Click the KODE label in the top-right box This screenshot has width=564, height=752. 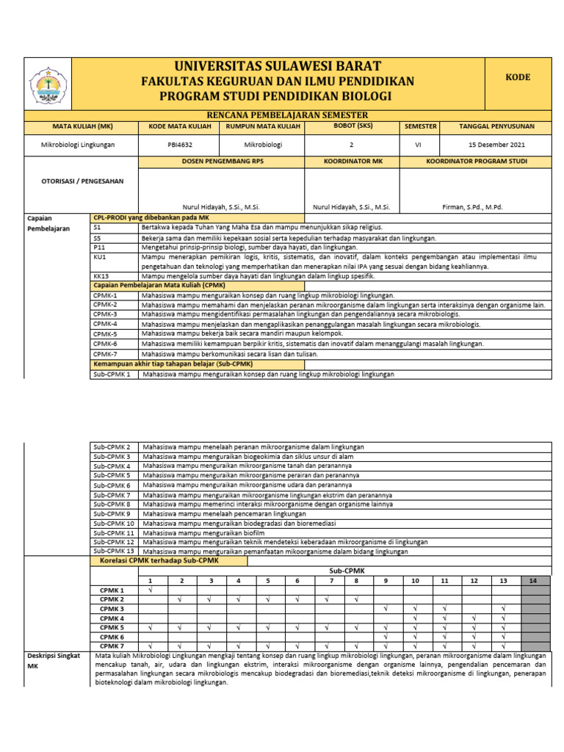[518, 77]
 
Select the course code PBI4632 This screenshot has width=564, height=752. [178, 145]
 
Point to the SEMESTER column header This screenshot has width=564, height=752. [420, 126]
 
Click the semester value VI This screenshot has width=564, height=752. [419, 145]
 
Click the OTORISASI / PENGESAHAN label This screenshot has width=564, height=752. [81, 180]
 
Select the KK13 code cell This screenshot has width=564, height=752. [101, 276]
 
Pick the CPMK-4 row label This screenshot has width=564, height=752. [105, 323]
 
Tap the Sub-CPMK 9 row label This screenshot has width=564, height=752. [112, 514]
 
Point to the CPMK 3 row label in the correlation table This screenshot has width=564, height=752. [112, 609]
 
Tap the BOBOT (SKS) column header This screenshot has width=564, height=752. [351, 126]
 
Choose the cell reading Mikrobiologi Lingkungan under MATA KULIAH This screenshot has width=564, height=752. [79, 145]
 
